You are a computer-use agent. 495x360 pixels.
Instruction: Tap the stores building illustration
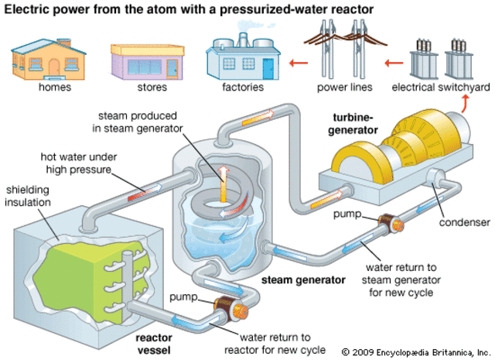pos(145,59)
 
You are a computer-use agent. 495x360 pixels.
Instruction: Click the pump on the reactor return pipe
pos(226,310)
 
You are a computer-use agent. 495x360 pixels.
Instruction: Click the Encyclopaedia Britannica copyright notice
pos(415,351)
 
